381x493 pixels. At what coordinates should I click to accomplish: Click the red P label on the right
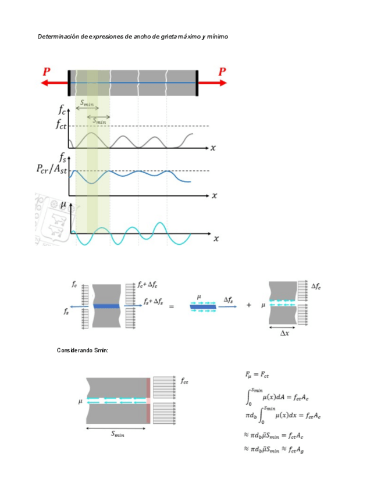pos(222,72)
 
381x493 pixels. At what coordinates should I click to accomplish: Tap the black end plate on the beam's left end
pos(69,83)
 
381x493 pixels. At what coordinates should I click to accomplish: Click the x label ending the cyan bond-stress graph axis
pos(216,238)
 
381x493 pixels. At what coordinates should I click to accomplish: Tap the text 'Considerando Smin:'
pos(83,351)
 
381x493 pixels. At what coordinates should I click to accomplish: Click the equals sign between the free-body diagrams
pos(171,306)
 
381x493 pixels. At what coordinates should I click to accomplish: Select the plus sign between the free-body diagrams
pos(248,306)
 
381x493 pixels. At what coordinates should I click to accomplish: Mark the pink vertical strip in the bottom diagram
pos(149,400)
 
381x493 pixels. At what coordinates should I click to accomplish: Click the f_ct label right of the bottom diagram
pos(184,381)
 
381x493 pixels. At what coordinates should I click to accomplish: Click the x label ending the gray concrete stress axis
pos(213,148)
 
